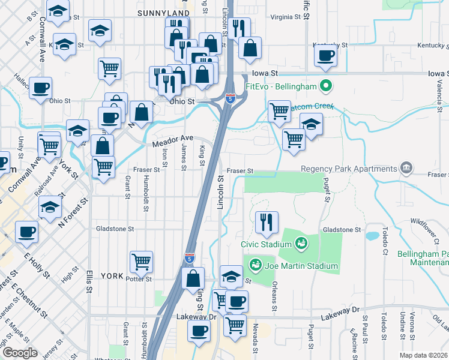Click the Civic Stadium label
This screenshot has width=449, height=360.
point(266,244)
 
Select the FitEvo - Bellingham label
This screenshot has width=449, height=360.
point(281,86)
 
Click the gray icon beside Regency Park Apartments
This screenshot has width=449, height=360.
point(407,167)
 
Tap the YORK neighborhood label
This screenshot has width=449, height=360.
point(112,277)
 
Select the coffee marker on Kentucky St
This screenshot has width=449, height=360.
point(326,56)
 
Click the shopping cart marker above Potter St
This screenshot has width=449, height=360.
point(141,260)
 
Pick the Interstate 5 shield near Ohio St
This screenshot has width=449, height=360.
point(230,98)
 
